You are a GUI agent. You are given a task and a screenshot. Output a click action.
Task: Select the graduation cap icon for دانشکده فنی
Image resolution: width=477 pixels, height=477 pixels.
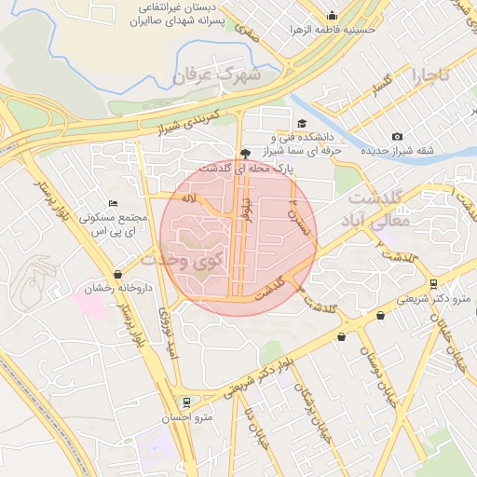301,123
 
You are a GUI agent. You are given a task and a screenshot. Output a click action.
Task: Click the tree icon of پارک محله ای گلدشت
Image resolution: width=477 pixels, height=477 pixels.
245,154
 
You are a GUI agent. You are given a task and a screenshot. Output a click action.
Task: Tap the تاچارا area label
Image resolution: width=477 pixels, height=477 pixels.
432,74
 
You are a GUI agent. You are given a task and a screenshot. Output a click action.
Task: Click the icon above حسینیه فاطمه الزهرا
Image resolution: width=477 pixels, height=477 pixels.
333,15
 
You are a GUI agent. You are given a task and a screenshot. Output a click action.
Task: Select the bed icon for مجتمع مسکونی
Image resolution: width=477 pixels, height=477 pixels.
113,203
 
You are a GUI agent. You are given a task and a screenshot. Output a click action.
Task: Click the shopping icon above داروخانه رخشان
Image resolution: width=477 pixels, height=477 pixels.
117,274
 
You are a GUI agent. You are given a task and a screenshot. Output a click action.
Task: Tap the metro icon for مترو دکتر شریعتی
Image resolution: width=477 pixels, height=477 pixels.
434,284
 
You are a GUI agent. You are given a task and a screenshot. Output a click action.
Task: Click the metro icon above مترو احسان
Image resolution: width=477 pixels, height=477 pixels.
187,402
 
